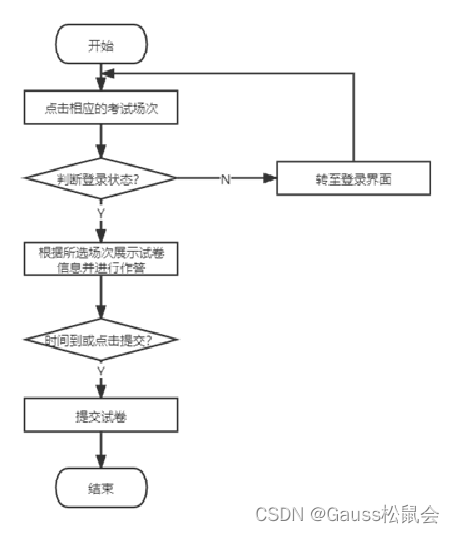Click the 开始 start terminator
(x=101, y=44)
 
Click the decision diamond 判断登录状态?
(x=101, y=179)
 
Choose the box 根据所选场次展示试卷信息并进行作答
(x=101, y=259)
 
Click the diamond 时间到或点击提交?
(x=101, y=340)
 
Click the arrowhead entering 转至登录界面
(x=269, y=179)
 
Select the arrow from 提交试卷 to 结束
(x=101, y=452)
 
